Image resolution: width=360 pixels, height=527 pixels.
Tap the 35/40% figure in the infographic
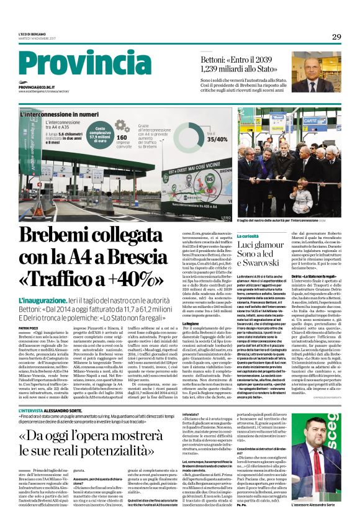coord(218,139)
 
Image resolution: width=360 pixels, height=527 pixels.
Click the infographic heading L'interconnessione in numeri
coord(59,115)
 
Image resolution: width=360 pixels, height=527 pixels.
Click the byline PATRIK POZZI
coord(29,327)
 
